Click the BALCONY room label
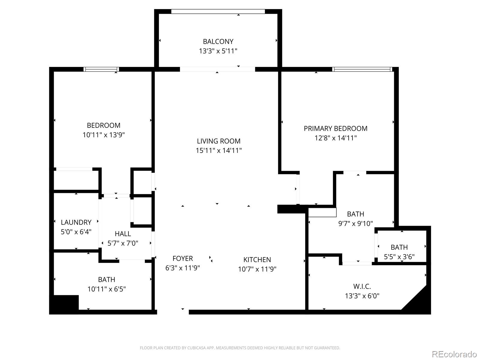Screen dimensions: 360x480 [218, 41]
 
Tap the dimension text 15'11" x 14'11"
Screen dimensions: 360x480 [219, 151]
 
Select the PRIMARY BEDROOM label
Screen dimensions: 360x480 [335, 128]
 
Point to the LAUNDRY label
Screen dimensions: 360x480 [76, 222]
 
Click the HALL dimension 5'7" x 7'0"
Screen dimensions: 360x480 [123, 243]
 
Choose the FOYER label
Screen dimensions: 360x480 [182, 258]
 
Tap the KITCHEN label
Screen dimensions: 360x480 [257, 259]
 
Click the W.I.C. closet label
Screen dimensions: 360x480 [362, 286]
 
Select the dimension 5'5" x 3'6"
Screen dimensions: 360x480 [399, 257]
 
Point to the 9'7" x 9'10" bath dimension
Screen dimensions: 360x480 [355, 223]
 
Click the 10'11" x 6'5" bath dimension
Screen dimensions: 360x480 [106, 289]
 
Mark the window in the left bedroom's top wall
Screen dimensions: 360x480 [101, 69]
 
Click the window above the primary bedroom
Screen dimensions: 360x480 [362, 69]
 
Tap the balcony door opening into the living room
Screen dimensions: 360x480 [217, 69]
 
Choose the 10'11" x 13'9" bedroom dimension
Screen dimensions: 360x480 [103, 135]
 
